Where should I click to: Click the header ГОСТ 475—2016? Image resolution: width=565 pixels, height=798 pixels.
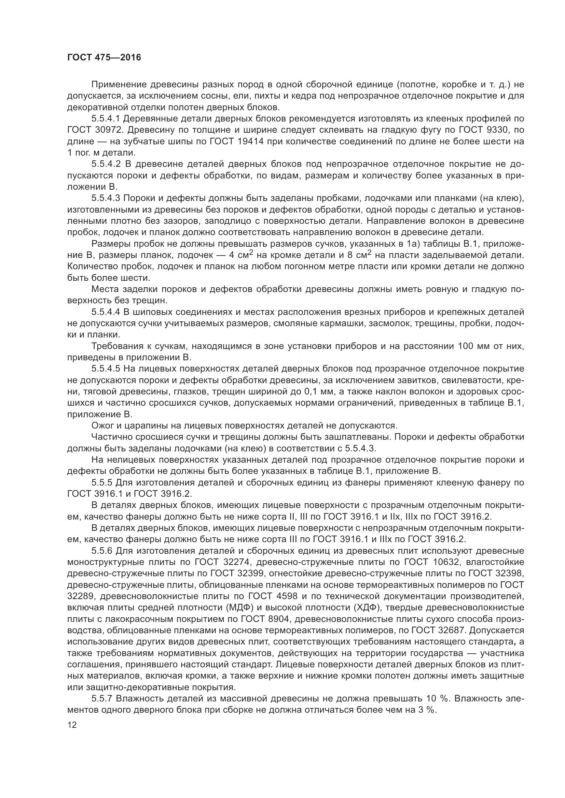[104, 57]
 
